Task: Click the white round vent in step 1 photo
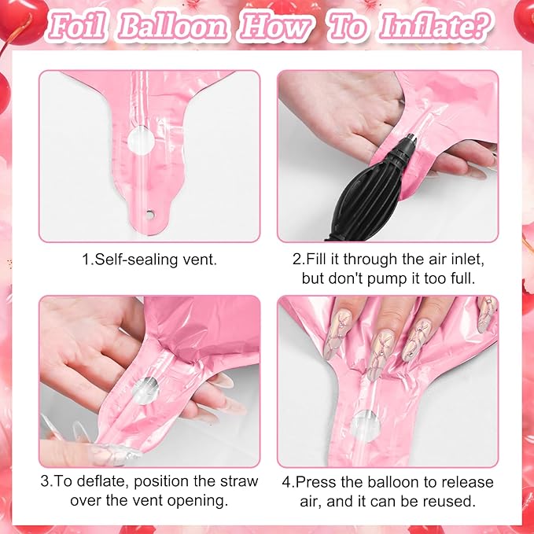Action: click(x=141, y=141)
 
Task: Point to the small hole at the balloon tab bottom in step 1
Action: click(x=150, y=215)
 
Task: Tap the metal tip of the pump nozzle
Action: click(x=413, y=138)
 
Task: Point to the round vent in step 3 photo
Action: click(x=145, y=391)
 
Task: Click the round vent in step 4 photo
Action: click(x=366, y=426)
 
